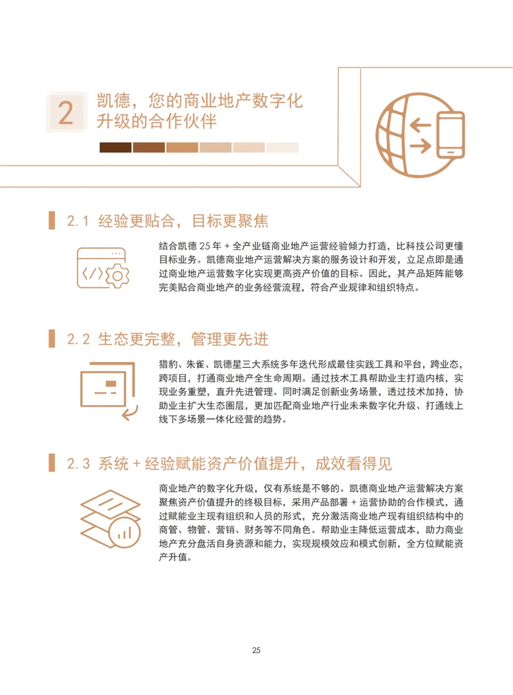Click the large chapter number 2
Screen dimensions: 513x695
(x=66, y=113)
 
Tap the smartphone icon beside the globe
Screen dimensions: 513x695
(x=450, y=135)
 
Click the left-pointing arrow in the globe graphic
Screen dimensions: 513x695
(x=420, y=125)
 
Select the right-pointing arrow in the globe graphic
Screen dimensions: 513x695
(x=420, y=145)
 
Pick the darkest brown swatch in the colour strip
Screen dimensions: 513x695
(x=115, y=148)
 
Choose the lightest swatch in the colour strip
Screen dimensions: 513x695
(x=282, y=148)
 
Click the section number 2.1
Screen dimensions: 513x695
(x=78, y=221)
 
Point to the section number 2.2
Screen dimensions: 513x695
(x=78, y=339)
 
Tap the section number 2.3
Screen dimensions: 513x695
(x=78, y=464)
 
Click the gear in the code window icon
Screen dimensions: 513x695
(x=117, y=276)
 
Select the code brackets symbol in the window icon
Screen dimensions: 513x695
(x=92, y=274)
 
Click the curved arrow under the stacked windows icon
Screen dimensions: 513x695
(x=130, y=412)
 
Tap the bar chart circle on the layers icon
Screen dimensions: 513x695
(x=124, y=532)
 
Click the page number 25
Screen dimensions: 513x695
(x=256, y=650)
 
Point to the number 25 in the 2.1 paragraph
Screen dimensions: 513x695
(x=205, y=246)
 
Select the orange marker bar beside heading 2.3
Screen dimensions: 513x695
(x=52, y=463)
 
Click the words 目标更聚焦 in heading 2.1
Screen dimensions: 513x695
(x=230, y=221)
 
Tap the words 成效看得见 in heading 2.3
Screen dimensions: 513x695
(x=353, y=464)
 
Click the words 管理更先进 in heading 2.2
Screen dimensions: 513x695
(x=230, y=339)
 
